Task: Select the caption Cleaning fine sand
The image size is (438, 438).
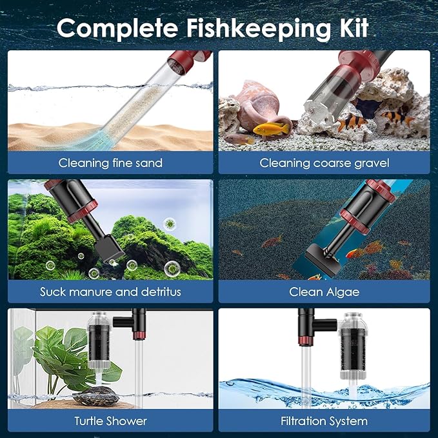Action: pyautogui.click(x=110, y=163)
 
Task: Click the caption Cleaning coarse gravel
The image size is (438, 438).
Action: pyautogui.click(x=324, y=163)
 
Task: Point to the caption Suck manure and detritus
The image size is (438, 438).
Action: pyautogui.click(x=110, y=292)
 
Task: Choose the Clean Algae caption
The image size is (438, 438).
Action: pyautogui.click(x=324, y=292)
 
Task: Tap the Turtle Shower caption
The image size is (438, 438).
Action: pyautogui.click(x=110, y=421)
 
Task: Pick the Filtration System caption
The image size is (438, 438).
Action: pyautogui.click(x=324, y=421)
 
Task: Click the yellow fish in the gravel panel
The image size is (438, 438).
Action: pyautogui.click(x=271, y=129)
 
